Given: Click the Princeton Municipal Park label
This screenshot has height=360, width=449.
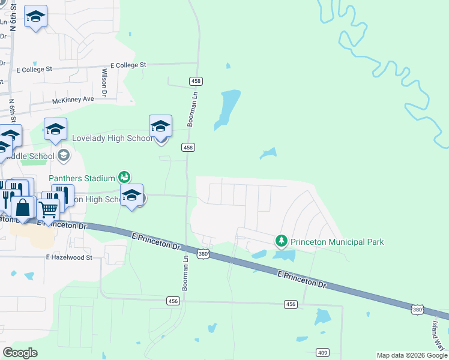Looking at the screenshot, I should pos(337,242).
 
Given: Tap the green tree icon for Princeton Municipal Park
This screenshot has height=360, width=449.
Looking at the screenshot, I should pos(281,241).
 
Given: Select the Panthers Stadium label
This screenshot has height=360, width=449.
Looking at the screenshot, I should pos(81,178).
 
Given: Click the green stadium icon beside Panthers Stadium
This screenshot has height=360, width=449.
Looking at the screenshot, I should pos(124,177).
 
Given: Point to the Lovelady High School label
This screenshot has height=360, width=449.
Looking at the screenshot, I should pos(112,138).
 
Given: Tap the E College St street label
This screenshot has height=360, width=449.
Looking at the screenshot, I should pos(128,65).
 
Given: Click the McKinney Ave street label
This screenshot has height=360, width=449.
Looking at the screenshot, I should pos(73,99).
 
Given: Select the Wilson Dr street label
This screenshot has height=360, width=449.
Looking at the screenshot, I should pos(104,82).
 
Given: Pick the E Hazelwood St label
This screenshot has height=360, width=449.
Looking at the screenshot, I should pos(69,257).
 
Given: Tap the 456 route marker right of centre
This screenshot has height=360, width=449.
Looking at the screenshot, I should pos(291,305).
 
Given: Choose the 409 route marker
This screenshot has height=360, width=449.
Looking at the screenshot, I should pos(323,352).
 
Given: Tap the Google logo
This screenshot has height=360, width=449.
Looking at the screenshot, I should pos(20,353).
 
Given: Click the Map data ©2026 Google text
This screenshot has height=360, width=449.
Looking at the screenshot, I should pos(412,355).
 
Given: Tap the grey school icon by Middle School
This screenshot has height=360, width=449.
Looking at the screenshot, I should pos(64,156).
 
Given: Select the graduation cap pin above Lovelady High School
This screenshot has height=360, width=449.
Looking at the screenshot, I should pos(160,127).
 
